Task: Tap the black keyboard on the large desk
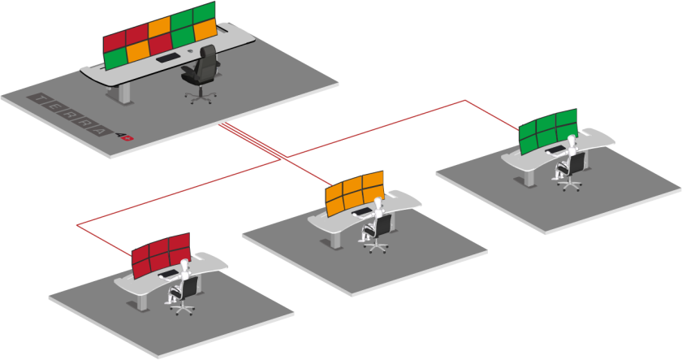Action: click(168, 58)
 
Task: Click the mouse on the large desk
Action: click(189, 51)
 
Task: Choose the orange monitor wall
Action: click(354, 190)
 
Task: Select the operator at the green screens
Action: click(569, 158)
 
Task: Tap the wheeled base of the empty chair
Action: click(201, 96)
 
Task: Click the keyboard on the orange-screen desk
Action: click(364, 213)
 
